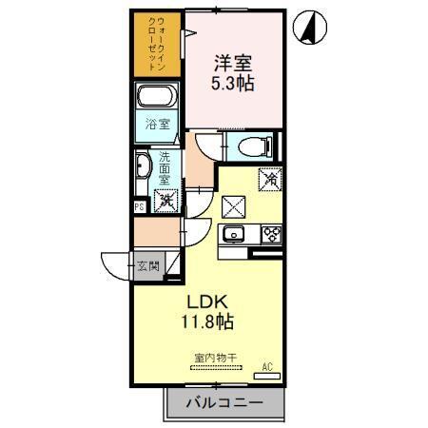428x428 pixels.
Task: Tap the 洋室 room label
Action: coord(231,65)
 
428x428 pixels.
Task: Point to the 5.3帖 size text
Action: coord(232,84)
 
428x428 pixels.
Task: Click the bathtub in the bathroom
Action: coord(158,97)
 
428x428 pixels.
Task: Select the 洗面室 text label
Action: coord(165,168)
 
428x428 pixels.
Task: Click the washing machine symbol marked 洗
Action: coord(165,200)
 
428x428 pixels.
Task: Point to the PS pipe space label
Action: coord(139,205)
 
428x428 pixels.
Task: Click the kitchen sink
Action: coord(233,236)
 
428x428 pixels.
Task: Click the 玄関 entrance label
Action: coord(147,265)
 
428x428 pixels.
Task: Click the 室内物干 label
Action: coord(214,358)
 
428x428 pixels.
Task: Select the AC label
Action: coord(267,365)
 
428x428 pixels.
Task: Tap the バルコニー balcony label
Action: coord(225,403)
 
